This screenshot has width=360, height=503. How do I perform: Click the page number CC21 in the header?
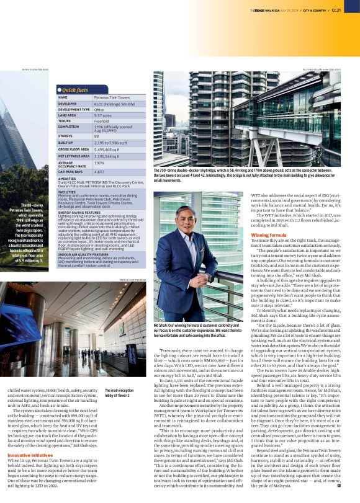click(x=351, y=9)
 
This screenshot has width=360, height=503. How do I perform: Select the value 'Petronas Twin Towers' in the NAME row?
click(x=111, y=97)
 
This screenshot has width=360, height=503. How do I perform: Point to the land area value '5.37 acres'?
click(x=103, y=115)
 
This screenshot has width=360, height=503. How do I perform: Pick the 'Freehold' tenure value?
click(x=101, y=121)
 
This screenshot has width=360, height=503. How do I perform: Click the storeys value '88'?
click(x=97, y=135)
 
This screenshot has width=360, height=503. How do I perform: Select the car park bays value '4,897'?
click(x=99, y=171)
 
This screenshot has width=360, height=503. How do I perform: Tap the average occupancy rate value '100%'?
click(x=99, y=162)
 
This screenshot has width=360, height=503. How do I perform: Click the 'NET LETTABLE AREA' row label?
click(x=73, y=156)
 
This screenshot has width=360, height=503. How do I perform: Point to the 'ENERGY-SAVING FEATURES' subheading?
click(x=81, y=212)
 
